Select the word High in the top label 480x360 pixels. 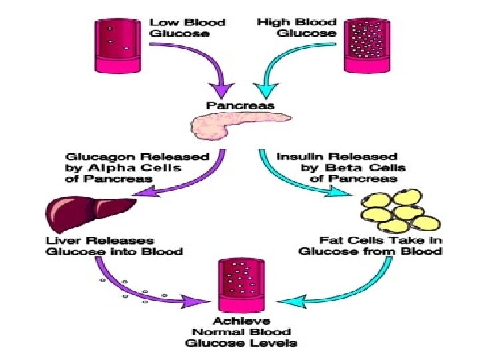(271, 22)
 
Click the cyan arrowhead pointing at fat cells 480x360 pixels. (347, 193)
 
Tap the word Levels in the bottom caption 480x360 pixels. (275, 343)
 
